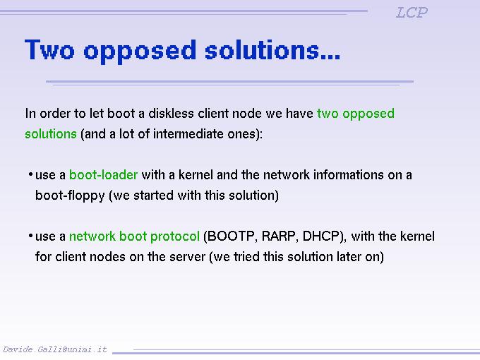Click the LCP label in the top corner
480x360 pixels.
pyautogui.click(x=412, y=13)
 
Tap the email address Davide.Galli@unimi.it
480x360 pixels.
pyautogui.click(x=55, y=349)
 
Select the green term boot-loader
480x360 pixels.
pyautogui.click(x=103, y=174)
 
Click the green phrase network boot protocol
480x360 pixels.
pyautogui.click(x=134, y=236)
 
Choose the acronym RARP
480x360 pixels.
pyautogui.click(x=276, y=236)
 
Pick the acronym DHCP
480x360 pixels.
pyautogui.click(x=323, y=236)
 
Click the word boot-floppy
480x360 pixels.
pyautogui.click(x=70, y=196)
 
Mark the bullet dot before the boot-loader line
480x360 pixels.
pyautogui.click(x=30, y=174)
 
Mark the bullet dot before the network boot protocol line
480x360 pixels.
pyautogui.click(x=30, y=236)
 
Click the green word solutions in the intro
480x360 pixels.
pyautogui.click(x=50, y=134)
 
